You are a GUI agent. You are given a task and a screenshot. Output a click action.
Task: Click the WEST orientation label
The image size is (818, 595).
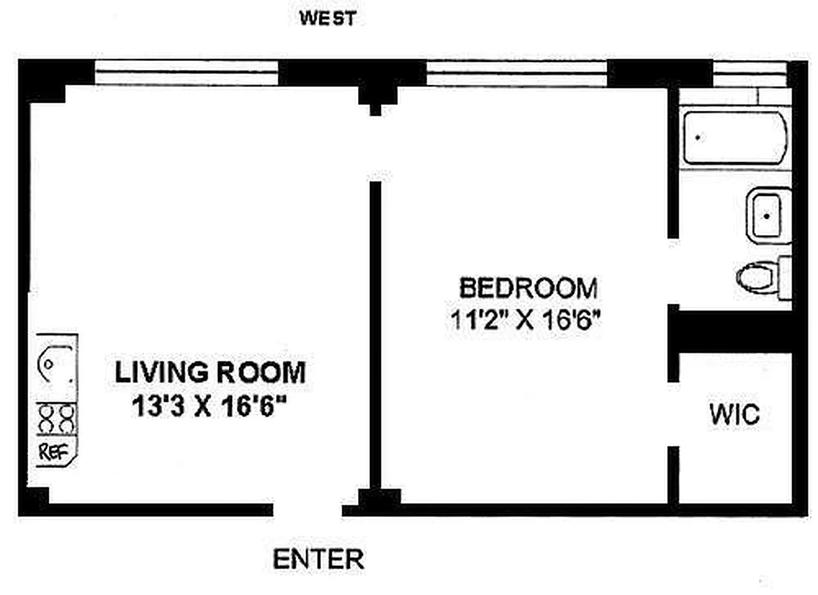point(327,19)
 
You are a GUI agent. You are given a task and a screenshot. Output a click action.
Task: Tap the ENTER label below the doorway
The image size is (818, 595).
point(319,559)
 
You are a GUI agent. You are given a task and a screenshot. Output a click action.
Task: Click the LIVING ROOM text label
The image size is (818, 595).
point(210,373)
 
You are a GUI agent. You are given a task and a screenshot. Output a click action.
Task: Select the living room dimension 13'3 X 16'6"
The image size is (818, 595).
point(209,406)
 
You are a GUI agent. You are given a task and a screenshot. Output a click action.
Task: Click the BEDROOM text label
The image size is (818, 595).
point(528,288)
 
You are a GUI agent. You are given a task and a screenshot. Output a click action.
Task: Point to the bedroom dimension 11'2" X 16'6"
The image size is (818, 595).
point(525,319)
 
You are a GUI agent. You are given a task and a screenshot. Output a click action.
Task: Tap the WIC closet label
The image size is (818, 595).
point(735,414)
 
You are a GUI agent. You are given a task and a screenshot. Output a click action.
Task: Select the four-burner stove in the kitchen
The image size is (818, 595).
point(57,419)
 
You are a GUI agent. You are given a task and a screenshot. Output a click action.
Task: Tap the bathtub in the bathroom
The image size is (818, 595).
point(735,138)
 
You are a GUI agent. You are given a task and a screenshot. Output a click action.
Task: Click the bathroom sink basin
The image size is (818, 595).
point(769,216)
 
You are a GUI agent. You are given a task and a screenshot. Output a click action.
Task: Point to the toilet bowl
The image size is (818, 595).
point(755,277)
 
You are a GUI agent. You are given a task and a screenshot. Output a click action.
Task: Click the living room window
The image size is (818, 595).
point(186,73)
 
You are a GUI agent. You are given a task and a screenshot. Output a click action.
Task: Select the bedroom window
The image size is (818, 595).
point(517,73)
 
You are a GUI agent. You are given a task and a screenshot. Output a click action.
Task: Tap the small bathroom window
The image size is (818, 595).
point(749,74)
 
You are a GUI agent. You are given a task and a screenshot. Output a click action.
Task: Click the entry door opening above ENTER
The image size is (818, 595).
point(307,509)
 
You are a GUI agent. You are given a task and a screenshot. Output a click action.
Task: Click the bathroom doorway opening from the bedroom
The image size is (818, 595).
point(674,271)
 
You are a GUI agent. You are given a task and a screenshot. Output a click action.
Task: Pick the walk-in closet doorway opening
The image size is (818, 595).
point(674,414)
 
